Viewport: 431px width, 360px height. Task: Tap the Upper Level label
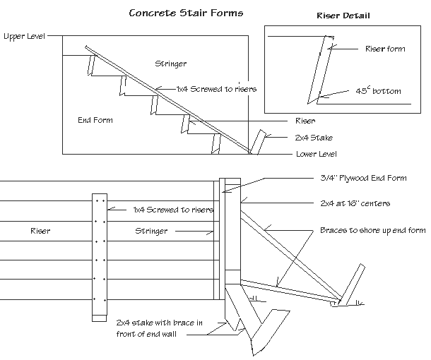click(x=24, y=35)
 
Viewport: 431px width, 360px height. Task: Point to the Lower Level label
click(x=316, y=154)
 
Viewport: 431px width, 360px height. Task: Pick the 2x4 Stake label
click(x=314, y=138)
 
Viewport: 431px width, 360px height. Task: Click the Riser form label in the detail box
click(x=384, y=49)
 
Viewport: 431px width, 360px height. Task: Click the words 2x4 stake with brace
click(x=160, y=323)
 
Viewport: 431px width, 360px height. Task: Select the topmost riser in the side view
click(x=91, y=65)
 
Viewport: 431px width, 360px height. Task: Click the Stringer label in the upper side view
click(x=170, y=64)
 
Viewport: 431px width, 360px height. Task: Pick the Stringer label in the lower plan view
click(x=151, y=231)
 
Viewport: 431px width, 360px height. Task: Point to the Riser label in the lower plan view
click(x=40, y=231)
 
